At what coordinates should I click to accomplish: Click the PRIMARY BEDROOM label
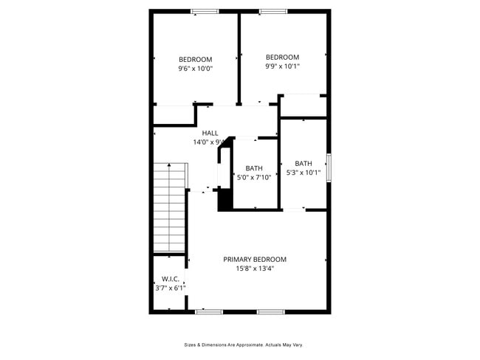point(255,260)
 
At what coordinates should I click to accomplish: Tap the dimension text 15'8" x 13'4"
point(255,269)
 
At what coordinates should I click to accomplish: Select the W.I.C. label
point(170,279)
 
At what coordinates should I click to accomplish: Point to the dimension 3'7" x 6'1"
point(170,288)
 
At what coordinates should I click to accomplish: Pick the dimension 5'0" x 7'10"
point(255,177)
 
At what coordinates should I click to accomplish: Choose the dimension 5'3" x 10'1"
point(304,173)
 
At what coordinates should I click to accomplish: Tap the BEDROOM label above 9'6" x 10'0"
point(195,60)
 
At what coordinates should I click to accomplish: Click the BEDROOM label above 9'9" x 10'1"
point(282,58)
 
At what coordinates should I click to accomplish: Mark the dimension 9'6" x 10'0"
point(195,69)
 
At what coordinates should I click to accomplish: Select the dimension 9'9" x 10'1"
point(282,66)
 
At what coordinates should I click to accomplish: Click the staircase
point(169,207)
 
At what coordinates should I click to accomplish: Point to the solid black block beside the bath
point(224,199)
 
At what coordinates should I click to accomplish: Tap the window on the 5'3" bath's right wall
point(329,166)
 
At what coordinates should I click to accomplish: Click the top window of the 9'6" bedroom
point(205,11)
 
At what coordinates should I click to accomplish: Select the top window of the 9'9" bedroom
point(272,11)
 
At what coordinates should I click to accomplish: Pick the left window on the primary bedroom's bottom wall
point(209,312)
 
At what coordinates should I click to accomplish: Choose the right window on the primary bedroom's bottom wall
point(270,312)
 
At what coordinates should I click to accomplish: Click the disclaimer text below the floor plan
point(244,345)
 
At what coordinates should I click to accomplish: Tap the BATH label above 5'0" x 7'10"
point(254,168)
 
